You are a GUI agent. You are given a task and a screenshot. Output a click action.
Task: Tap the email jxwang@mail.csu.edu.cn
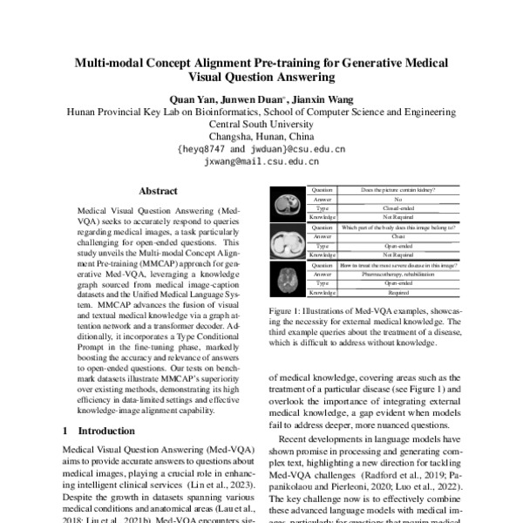(261, 161)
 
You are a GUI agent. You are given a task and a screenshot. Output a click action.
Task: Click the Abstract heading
(158, 191)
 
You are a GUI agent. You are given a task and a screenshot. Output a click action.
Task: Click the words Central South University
(261, 124)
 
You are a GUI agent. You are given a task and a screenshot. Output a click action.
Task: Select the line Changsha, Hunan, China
(261, 136)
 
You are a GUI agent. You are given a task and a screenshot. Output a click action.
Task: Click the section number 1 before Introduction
(66, 431)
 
